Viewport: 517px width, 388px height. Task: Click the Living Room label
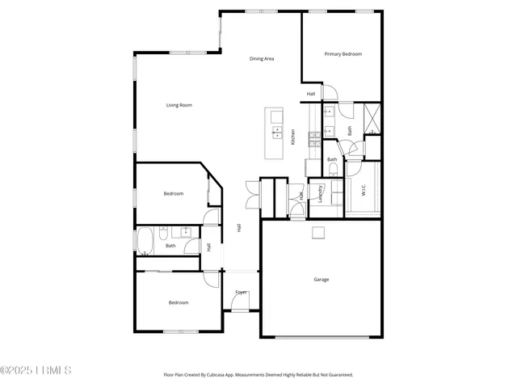click(179, 105)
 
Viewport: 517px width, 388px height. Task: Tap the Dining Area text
click(261, 59)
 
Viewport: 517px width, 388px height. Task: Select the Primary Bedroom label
click(343, 54)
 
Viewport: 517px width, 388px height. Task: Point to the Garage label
click(322, 280)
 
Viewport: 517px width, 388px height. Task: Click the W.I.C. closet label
click(364, 191)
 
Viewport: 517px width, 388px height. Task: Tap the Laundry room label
click(322, 194)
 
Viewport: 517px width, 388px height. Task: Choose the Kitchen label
click(292, 137)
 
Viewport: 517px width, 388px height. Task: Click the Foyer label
click(241, 292)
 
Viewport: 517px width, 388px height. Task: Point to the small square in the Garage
click(319, 234)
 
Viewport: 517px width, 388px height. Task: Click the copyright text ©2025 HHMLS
click(36, 370)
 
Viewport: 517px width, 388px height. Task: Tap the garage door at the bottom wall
click(322, 336)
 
